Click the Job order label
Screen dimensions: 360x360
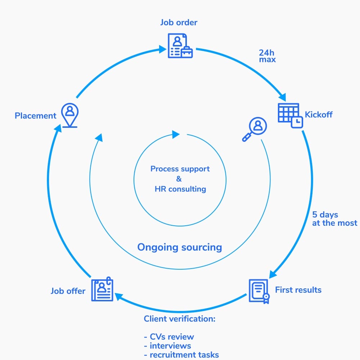[x=179, y=22]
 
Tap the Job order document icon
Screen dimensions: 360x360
[x=180, y=46]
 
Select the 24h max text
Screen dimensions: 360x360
[x=267, y=56]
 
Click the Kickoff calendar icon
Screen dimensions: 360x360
[x=290, y=116]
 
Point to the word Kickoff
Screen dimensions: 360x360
[x=319, y=114]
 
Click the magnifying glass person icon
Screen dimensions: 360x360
[x=255, y=129]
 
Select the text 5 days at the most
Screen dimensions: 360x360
[x=334, y=219]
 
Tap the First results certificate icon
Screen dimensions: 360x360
[x=259, y=291]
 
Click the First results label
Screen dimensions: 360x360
[x=298, y=290]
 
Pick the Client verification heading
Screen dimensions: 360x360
[x=180, y=319]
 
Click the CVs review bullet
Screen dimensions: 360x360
[x=169, y=337]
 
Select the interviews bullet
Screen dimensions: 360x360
[x=168, y=346]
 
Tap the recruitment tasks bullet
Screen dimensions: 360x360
[x=181, y=355]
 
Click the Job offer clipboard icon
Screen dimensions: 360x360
[x=102, y=289]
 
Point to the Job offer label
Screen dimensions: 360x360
[x=68, y=291]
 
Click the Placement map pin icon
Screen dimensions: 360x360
[x=70, y=115]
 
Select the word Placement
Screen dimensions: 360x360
[x=36, y=116]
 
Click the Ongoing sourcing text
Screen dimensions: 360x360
[x=180, y=248]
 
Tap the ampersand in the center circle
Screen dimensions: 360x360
[x=179, y=179]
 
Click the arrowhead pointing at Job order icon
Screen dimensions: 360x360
[x=163, y=49]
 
